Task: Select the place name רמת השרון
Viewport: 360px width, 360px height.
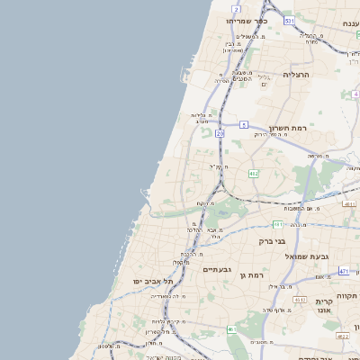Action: tap(289, 129)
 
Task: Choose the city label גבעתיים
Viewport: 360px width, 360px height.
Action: tap(218, 269)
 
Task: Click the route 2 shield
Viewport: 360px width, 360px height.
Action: tap(236, 8)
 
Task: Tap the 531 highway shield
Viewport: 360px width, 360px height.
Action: tap(288, 20)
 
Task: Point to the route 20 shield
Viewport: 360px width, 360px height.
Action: tap(220, 132)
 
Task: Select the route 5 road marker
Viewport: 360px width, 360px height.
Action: tap(243, 124)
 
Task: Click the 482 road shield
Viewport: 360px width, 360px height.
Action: tap(254, 173)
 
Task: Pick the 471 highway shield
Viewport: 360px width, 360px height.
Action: tap(344, 270)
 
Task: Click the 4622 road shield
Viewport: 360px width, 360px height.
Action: tap(341, 336)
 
